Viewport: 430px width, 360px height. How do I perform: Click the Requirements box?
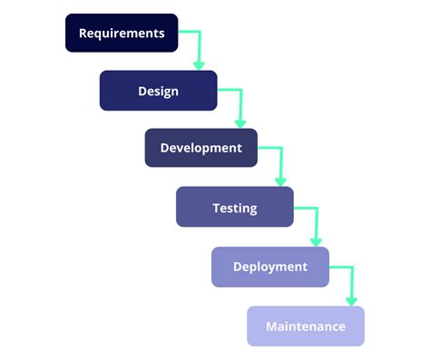(x=122, y=34)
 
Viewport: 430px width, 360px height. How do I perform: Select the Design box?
(x=158, y=91)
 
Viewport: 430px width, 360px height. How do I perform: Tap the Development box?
(x=200, y=148)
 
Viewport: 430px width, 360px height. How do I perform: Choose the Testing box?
(x=234, y=207)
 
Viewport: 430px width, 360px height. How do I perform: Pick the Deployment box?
(x=269, y=267)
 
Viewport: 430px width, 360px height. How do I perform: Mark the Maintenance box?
(x=305, y=326)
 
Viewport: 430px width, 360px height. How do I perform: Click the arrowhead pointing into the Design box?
(x=200, y=64)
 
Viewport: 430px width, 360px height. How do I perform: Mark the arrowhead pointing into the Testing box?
(x=279, y=180)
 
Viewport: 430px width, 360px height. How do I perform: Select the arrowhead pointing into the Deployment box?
(x=316, y=240)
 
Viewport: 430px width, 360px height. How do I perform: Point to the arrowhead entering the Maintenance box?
(x=351, y=300)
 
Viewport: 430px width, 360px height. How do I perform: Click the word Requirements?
(x=122, y=34)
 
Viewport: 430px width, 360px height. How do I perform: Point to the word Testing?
(x=234, y=208)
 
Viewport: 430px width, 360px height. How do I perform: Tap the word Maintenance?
(x=305, y=326)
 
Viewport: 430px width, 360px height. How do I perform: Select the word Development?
(x=200, y=148)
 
